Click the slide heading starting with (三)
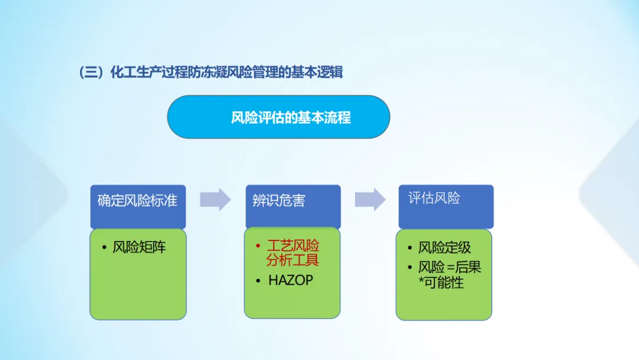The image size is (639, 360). [x=211, y=73]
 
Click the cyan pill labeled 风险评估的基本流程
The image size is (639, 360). [x=279, y=117]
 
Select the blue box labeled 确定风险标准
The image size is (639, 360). [x=138, y=206]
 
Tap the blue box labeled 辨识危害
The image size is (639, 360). [x=292, y=206]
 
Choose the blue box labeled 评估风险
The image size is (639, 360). [x=446, y=206]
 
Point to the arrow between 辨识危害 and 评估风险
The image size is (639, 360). [x=370, y=200]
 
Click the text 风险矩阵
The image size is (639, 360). [x=140, y=247]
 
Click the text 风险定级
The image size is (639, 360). [x=445, y=248]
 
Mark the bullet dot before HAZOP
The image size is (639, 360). [x=257, y=281]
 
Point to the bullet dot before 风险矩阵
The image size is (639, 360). [x=104, y=247]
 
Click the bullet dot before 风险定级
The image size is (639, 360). [x=410, y=248]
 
